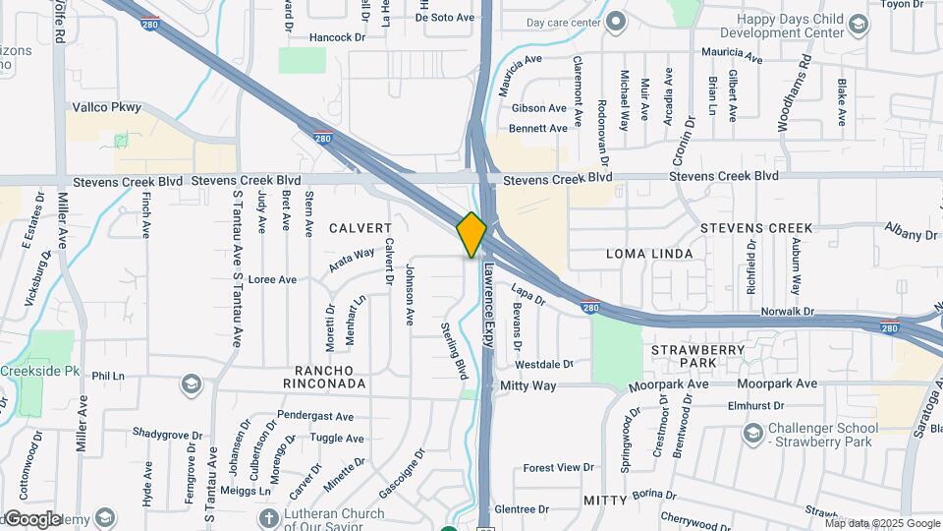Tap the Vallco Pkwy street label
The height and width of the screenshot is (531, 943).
click(107, 107)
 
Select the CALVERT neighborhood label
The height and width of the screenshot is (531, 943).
click(360, 228)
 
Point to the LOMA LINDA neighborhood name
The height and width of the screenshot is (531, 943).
click(649, 254)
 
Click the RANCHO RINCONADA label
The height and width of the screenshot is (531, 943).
click(310, 375)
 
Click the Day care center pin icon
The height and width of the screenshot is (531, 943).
click(616, 22)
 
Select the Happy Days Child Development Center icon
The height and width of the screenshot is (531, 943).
click(858, 26)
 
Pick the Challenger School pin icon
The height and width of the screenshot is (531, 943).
click(753, 433)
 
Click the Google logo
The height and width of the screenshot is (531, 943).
click(33, 518)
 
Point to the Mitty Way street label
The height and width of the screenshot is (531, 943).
click(528, 386)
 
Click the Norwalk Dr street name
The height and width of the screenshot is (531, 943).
click(788, 312)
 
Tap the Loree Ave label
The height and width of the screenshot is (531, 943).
click(272, 280)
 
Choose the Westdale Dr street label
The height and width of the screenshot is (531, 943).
click(543, 364)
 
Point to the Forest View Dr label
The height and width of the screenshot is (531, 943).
click(559, 468)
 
